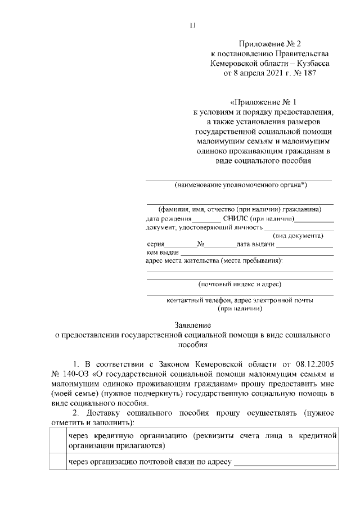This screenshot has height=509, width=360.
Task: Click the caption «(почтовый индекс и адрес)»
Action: click(240, 284)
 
